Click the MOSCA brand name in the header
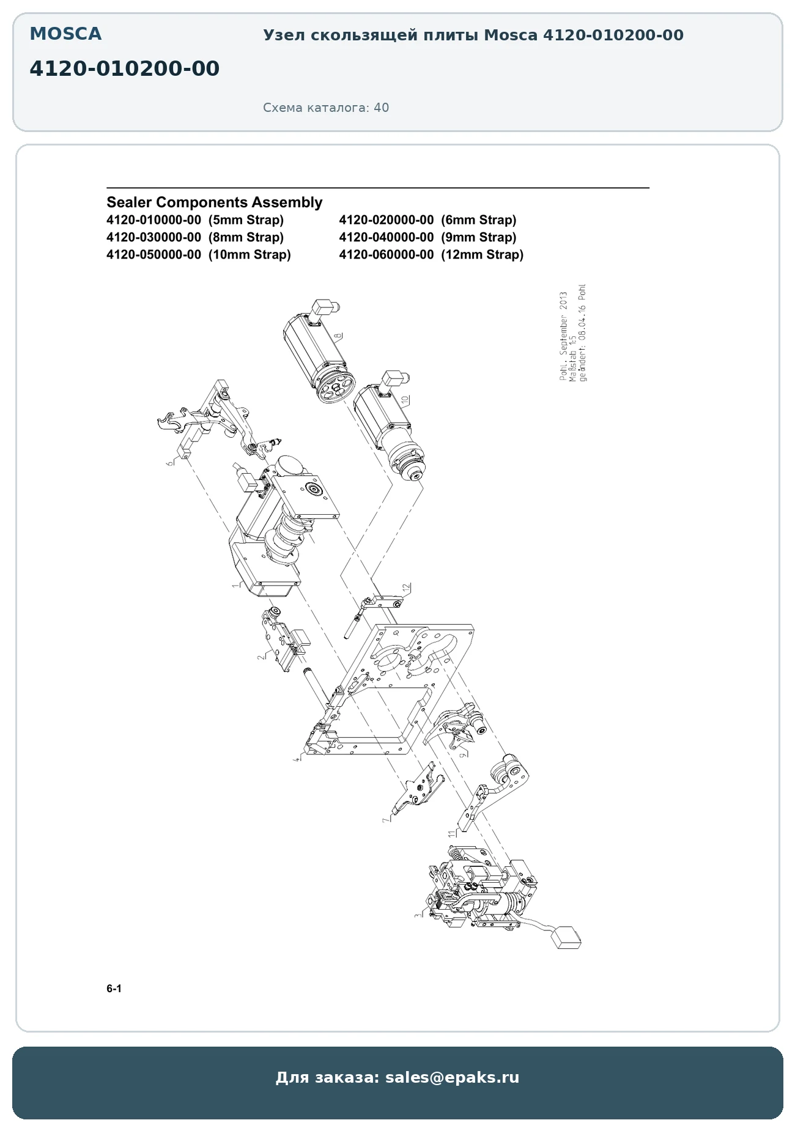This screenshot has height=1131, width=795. (x=65, y=34)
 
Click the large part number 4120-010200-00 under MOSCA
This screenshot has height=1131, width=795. (x=124, y=68)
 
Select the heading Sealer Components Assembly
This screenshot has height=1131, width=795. (x=214, y=202)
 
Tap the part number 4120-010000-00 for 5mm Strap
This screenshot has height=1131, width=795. (x=153, y=220)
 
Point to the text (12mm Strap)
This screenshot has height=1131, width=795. (x=483, y=255)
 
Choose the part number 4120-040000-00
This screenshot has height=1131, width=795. (x=386, y=237)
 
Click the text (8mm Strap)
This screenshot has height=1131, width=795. (x=246, y=237)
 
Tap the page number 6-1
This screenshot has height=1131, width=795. (x=114, y=989)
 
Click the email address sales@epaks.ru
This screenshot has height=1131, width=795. (x=452, y=1077)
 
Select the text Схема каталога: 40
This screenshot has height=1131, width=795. (x=326, y=108)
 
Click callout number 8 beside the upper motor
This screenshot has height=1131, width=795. (x=338, y=335)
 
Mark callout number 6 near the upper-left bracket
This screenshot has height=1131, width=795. (x=170, y=463)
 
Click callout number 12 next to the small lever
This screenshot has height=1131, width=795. (x=405, y=588)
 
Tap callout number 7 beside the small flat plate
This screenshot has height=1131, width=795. (x=386, y=820)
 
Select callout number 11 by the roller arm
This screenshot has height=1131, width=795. (x=451, y=833)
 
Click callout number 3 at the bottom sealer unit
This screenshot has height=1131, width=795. (x=418, y=916)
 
